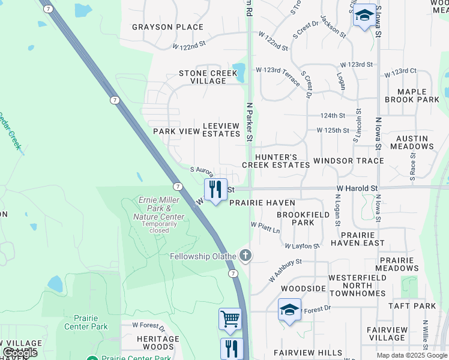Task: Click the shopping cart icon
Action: click(230, 320)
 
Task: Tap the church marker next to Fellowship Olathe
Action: click(245, 256)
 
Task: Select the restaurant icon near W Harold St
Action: click(215, 190)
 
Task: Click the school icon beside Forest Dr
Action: click(289, 310)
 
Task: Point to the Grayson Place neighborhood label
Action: click(167, 27)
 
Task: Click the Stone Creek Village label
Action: click(208, 77)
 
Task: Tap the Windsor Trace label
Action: click(348, 161)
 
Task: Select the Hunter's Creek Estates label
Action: click(276, 160)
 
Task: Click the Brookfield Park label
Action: click(303, 218)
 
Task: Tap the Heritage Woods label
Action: click(158, 343)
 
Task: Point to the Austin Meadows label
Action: click(412, 142)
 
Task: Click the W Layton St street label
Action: click(302, 246)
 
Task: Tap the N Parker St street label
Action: click(249, 123)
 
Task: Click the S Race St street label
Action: click(413, 161)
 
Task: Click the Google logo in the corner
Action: click(20, 353)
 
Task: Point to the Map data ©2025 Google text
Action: click(411, 355)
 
